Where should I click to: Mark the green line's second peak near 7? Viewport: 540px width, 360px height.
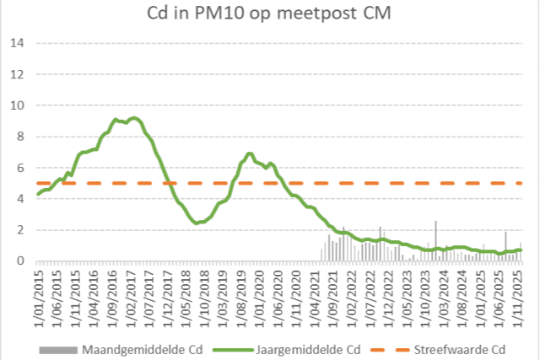tap(250, 153)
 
